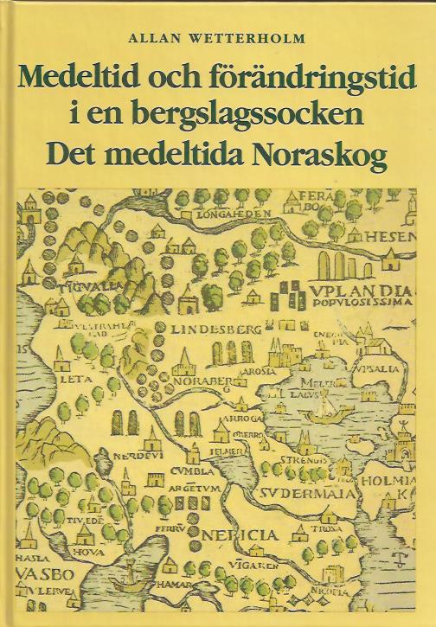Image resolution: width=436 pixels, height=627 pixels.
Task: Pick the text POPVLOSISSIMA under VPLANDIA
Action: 372,305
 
